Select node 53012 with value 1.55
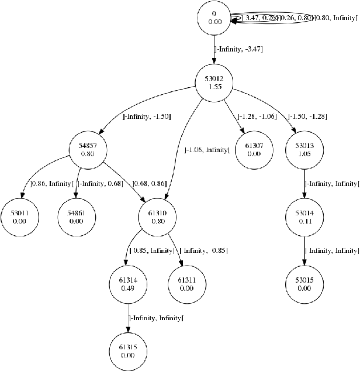(x=214, y=82)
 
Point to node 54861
(x=76, y=218)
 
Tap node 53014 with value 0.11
(x=304, y=218)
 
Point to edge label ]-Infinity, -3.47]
(x=239, y=50)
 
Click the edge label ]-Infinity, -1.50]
(x=146, y=116)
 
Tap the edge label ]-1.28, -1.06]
(x=257, y=116)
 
